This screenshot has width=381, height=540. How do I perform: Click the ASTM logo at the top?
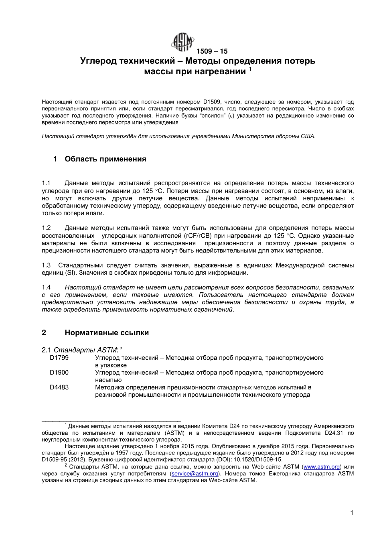183,42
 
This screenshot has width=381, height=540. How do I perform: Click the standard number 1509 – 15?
212,51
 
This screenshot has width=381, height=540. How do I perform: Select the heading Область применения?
105,159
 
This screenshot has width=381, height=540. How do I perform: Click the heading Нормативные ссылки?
107,333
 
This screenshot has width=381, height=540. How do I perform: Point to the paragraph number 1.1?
46,183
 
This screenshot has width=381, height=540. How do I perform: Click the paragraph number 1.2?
46,228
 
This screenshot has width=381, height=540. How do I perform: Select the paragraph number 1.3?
46,265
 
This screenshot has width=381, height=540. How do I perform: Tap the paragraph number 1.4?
46,287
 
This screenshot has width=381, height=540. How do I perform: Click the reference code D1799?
59,358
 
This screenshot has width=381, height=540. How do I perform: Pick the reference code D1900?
59,373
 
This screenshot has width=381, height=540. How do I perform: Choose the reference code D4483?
59,387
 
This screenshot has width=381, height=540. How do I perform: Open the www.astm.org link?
322,467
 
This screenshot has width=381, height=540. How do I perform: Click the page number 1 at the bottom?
352,513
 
